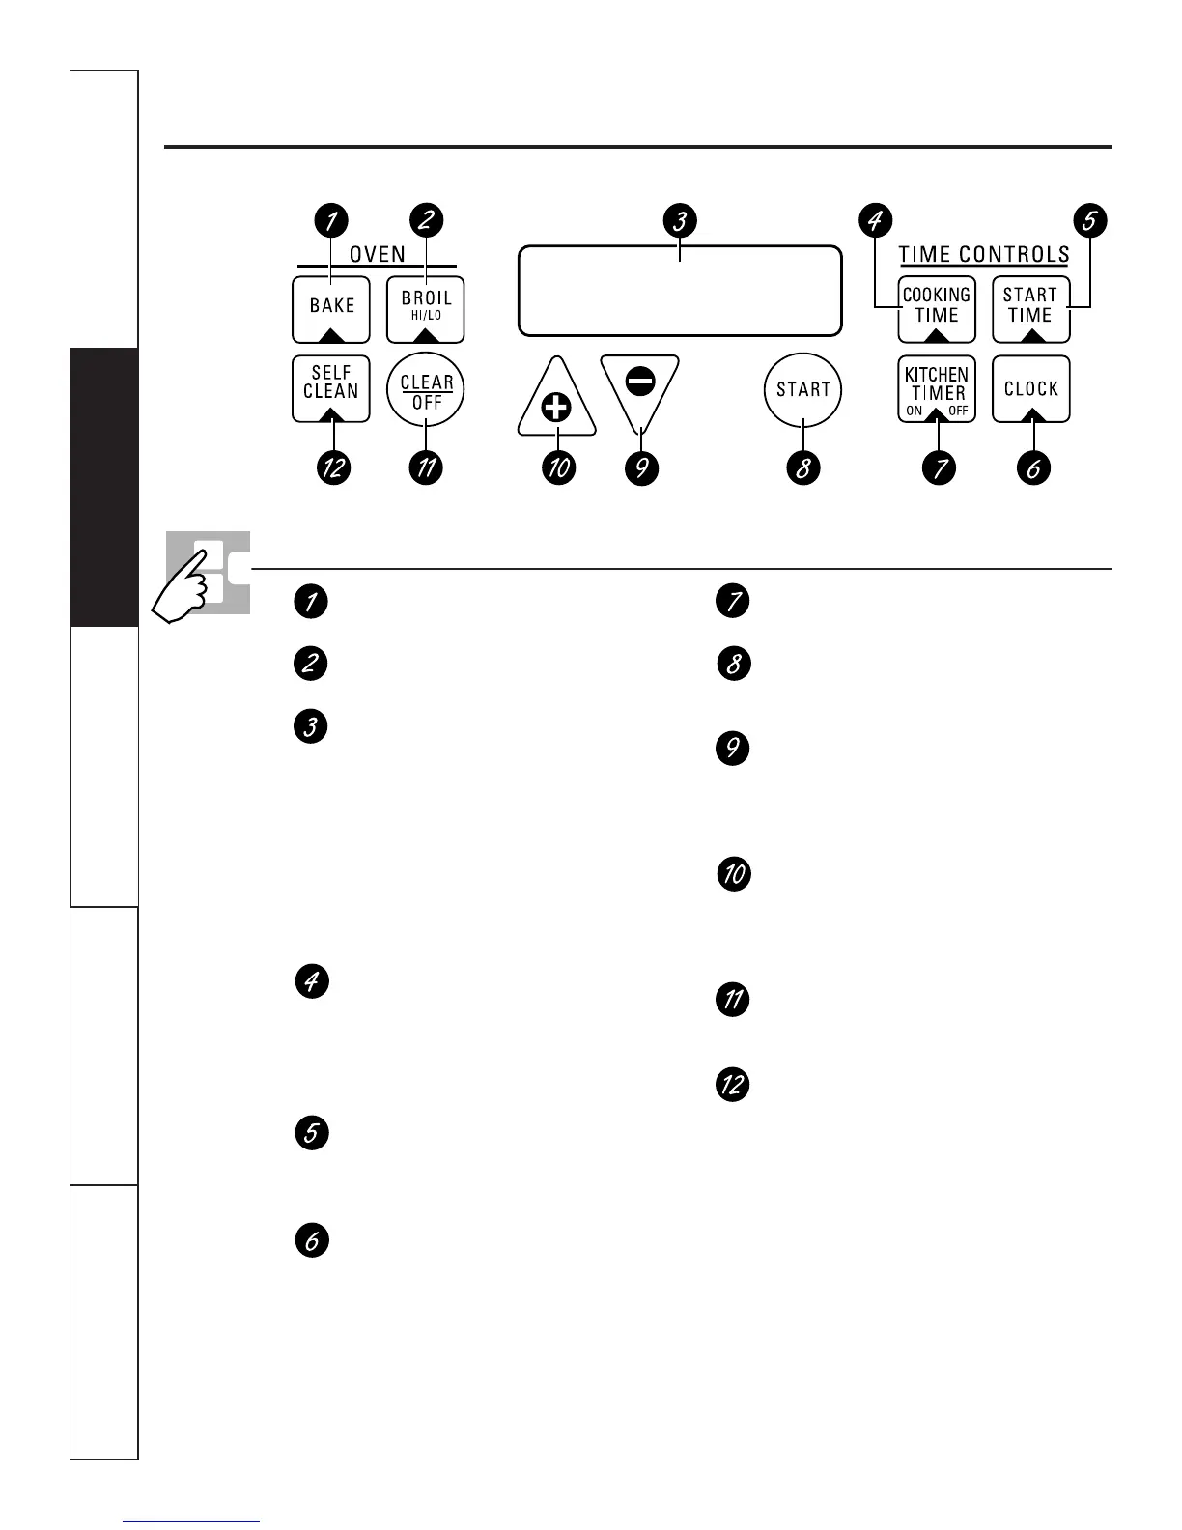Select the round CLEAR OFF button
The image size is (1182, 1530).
coord(426,390)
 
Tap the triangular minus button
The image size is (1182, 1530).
coord(639,387)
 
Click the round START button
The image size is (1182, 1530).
coord(802,390)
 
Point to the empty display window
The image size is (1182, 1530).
coord(680,291)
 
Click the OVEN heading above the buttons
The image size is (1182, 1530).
coord(377,254)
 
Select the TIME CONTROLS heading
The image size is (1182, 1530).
coord(984,255)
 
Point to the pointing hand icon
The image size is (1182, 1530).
coord(188,589)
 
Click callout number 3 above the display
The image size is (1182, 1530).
coord(680,220)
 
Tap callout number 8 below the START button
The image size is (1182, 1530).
coord(802,468)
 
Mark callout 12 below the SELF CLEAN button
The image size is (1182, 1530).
coord(334,468)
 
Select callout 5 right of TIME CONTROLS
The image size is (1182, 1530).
coord(1089,220)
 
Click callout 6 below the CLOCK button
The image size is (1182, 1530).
coord(1033,468)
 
